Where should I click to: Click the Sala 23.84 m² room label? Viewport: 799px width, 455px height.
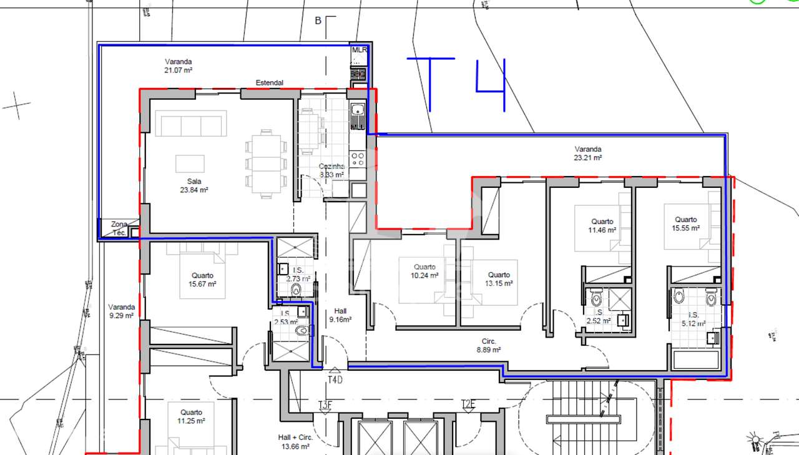[194, 186]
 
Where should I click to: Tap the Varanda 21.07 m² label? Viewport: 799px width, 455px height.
[178, 66]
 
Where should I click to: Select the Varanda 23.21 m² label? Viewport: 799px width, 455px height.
[587, 154]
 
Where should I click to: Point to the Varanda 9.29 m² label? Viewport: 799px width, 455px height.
[121, 311]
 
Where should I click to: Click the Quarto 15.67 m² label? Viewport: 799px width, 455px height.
[202, 280]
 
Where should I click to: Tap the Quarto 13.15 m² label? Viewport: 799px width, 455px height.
[499, 279]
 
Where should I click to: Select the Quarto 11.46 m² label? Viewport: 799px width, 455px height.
[602, 225]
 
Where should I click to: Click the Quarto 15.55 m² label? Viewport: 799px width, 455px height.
[685, 223]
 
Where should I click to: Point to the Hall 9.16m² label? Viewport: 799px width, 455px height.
[340, 315]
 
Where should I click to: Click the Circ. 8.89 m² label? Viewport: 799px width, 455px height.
[488, 346]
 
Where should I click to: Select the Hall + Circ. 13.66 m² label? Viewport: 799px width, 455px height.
[295, 442]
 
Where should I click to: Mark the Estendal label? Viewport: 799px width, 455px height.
[269, 82]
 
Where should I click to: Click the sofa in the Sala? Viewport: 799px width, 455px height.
[191, 124]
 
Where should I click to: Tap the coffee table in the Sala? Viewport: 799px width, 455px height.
[189, 163]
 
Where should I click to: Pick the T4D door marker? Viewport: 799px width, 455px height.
[335, 376]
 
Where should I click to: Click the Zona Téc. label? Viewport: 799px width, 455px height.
[119, 228]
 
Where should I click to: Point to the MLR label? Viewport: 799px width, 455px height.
[359, 50]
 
